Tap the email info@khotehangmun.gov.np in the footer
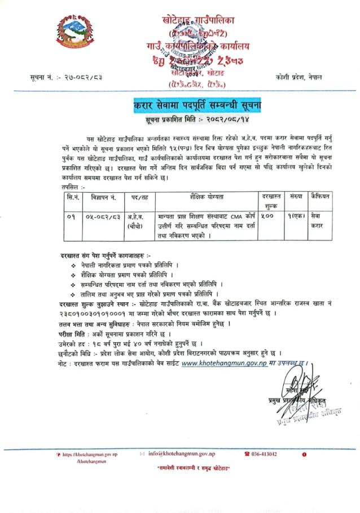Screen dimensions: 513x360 pos(179,453)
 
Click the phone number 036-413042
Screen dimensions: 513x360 pos(263,453)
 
